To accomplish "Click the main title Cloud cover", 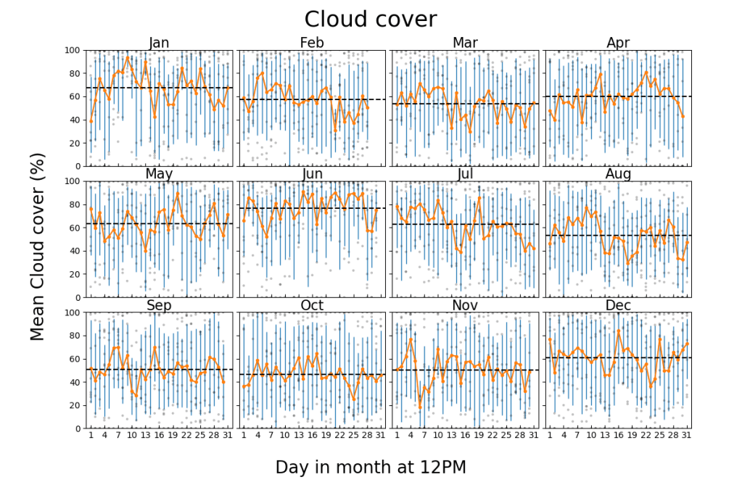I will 371,19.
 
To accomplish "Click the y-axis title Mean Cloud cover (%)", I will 38,246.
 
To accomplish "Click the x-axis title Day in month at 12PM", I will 371,468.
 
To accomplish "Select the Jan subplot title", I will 159,43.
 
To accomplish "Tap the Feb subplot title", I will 312,43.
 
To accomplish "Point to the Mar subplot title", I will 465,43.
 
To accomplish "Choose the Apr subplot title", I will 618,43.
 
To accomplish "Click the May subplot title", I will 159,174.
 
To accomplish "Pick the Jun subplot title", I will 312,174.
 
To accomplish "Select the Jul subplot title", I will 465,174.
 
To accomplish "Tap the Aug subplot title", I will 618,174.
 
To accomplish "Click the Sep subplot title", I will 159,305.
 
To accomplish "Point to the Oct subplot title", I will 312,305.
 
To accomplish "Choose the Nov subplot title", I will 465,305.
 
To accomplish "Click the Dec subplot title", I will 618,305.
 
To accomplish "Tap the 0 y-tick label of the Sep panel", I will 78,428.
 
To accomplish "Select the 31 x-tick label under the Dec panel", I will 685,436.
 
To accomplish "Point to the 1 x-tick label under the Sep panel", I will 91,436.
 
